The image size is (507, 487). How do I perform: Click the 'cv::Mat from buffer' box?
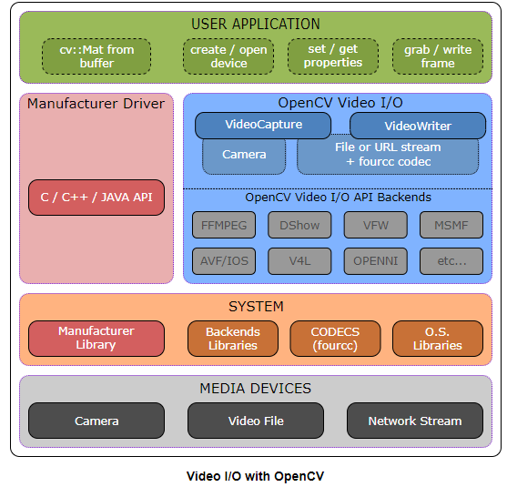coord(96,56)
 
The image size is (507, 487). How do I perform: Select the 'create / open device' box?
coord(228,56)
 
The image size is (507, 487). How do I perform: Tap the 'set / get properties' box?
coord(333,56)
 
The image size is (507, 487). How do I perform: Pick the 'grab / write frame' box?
coord(438,56)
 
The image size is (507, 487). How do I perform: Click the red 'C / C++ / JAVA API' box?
coord(96,197)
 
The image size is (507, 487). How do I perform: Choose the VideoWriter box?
coord(418,126)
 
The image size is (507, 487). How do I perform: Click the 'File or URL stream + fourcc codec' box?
coord(388,156)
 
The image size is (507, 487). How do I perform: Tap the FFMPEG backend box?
coord(224,224)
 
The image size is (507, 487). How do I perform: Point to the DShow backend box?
coord(299,224)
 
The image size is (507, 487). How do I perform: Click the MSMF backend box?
coord(451,224)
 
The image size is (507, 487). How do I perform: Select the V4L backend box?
coord(299,261)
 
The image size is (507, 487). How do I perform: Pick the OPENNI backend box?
coord(375,261)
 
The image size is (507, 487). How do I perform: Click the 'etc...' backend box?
coord(451,261)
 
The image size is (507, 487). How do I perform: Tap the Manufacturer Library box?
coord(96,338)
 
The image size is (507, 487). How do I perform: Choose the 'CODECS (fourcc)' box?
coord(335,338)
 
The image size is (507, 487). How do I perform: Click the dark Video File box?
coord(256,421)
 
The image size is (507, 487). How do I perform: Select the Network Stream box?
coord(415,421)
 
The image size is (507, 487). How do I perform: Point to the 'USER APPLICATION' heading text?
coord(256,24)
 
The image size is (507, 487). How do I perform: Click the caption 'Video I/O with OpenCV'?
coord(255,475)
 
